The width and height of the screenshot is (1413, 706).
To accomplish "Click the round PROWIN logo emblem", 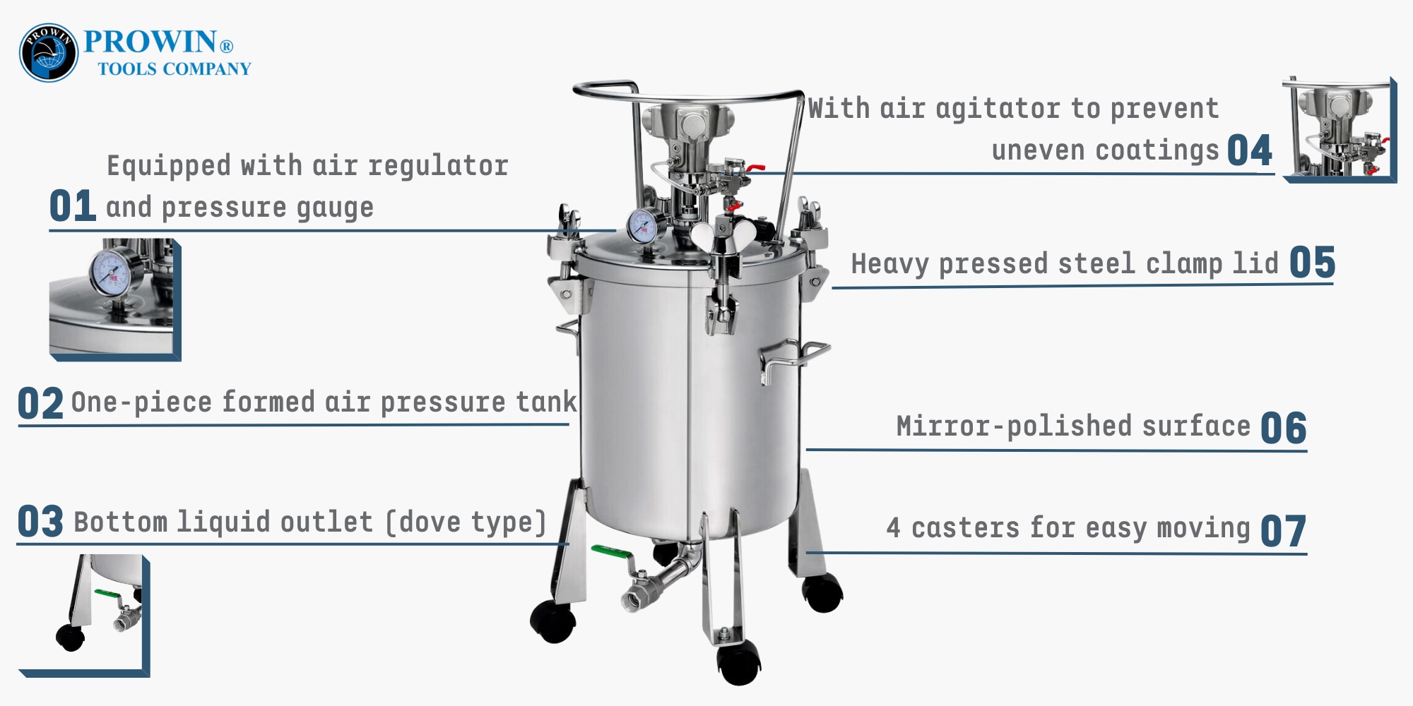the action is point(48,53).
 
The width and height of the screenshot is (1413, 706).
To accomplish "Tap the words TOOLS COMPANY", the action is point(175,69).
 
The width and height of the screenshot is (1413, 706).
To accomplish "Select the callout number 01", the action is point(73,206).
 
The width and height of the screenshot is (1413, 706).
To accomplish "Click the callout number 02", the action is point(40,404).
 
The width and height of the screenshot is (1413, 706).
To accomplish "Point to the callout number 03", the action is point(40,522).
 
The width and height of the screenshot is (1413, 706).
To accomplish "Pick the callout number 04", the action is point(1249,150).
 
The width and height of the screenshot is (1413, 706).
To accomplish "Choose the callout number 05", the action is point(1312,263).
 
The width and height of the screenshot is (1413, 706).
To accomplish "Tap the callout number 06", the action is point(1283,429).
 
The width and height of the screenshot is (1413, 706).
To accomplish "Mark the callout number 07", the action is point(1283,531).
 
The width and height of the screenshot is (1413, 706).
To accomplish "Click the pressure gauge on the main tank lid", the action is point(646,226).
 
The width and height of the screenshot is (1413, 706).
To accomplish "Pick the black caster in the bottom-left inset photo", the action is point(71,637).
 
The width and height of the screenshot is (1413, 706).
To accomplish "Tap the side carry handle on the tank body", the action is point(794,360).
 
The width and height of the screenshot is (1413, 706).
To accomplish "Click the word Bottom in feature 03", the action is point(121,522).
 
